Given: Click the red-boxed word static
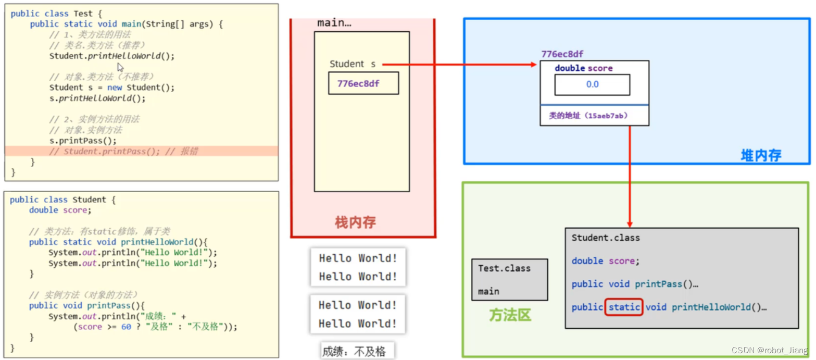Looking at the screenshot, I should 624,307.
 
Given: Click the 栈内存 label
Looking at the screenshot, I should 355,223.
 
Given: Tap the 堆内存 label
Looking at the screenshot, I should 761,155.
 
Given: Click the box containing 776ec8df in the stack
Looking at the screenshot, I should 363,83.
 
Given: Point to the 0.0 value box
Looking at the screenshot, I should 592,84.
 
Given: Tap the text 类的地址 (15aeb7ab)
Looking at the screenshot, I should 587,116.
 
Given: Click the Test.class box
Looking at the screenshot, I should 509,279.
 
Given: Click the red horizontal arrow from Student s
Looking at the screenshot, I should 458,64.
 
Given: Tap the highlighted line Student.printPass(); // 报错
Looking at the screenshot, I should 131,151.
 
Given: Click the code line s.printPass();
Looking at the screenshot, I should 83,141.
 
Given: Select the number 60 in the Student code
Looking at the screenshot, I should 126,327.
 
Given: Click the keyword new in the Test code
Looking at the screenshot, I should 115,88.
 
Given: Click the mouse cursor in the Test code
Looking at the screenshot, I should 120,67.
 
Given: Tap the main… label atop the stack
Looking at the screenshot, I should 334,23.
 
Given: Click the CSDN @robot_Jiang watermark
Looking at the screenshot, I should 769,351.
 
